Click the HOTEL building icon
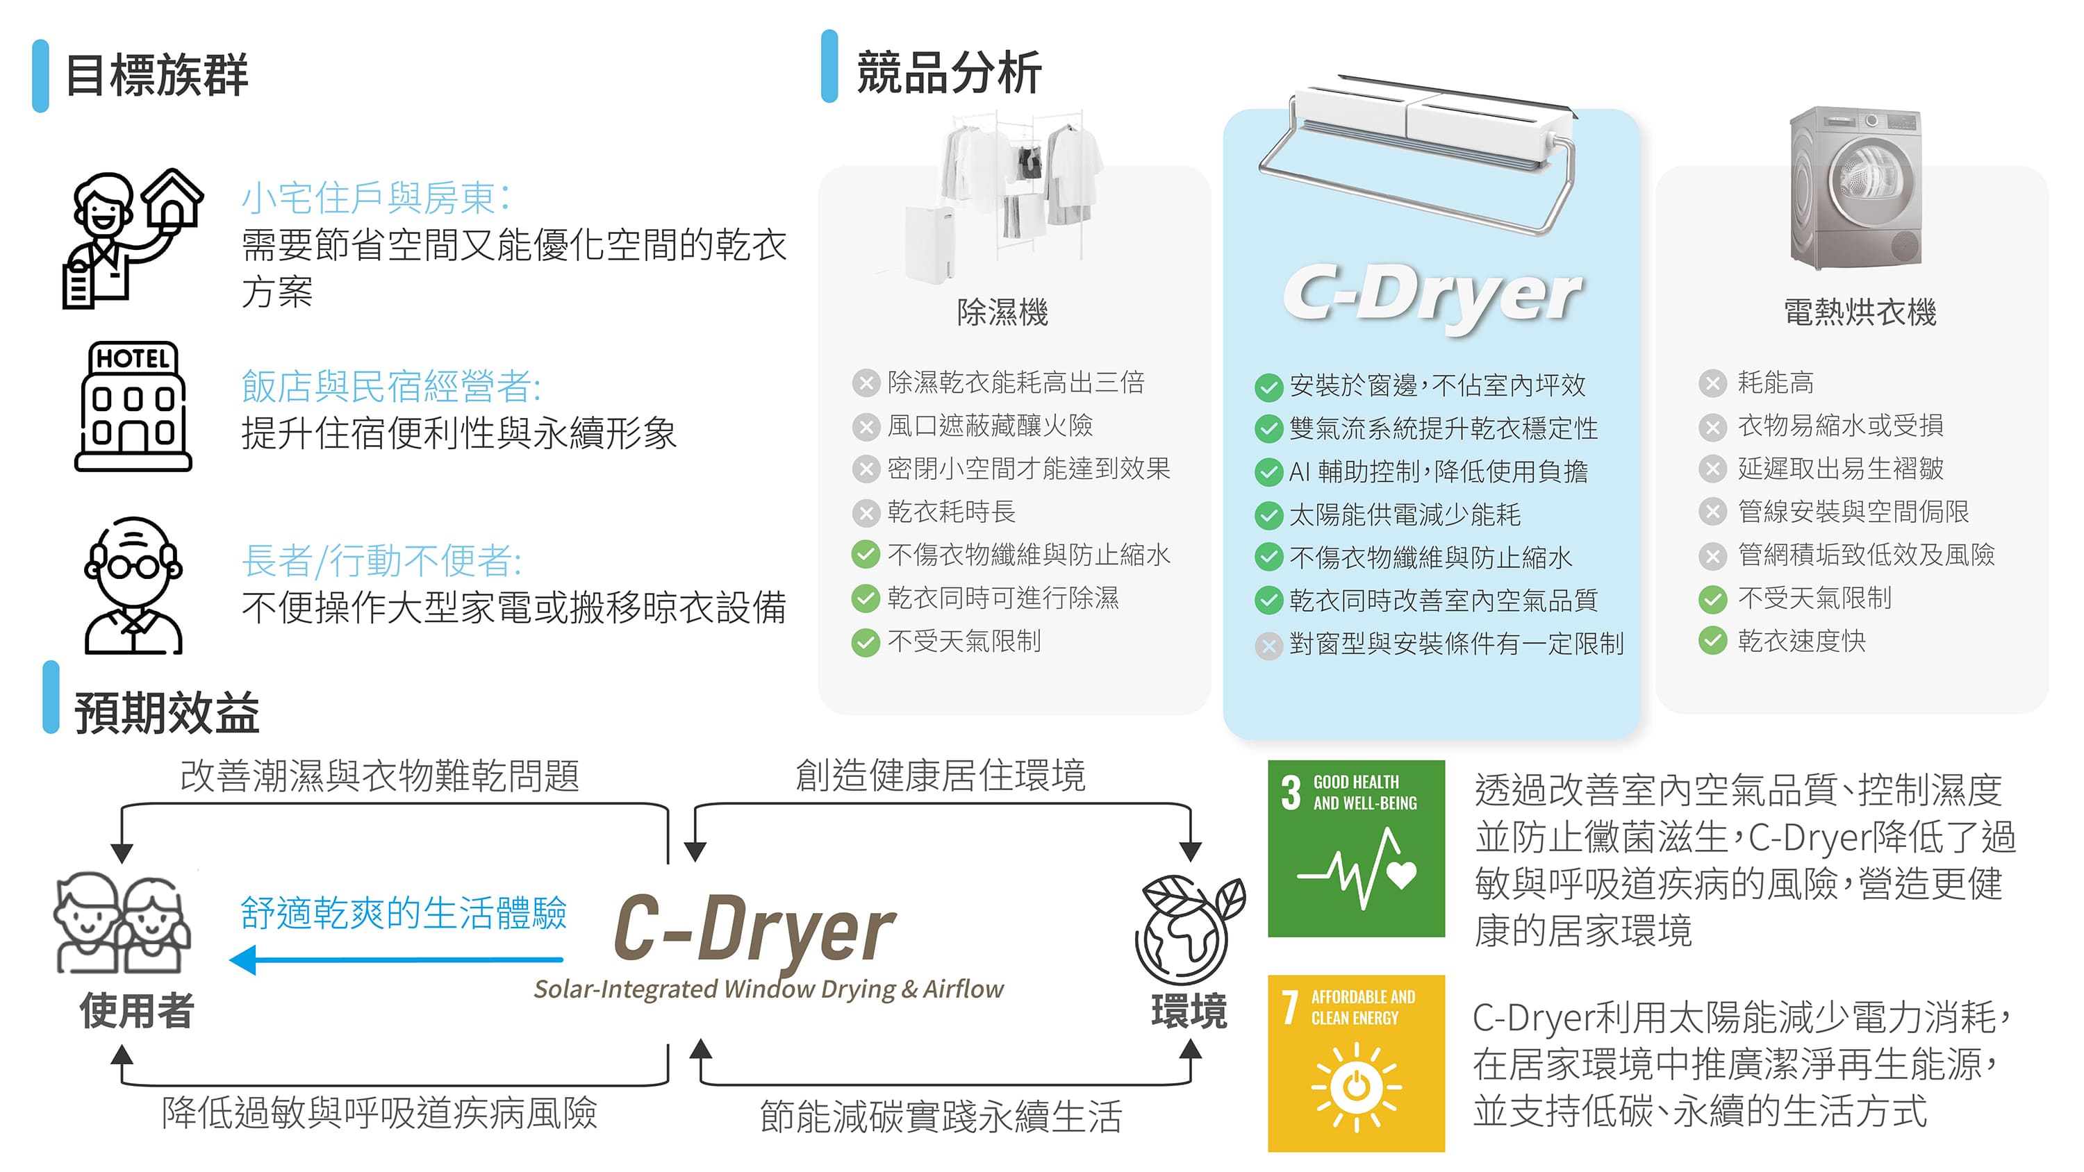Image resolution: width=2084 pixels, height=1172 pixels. click(133, 406)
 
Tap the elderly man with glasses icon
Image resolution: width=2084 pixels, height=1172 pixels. click(133, 585)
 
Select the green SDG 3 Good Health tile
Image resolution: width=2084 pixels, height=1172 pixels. click(1356, 848)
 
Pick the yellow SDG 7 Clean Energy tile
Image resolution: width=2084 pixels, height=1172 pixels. click(1356, 1063)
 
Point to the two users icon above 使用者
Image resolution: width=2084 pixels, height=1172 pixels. click(122, 922)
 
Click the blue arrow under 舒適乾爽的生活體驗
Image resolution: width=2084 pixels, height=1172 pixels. click(397, 960)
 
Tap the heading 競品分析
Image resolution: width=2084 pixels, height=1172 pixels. click(948, 72)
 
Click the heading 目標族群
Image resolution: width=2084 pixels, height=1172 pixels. click(156, 75)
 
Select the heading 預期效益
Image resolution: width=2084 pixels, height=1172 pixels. click(167, 712)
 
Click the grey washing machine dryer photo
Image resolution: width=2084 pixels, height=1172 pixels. click(1855, 188)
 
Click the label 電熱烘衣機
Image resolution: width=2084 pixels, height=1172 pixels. click(1860, 312)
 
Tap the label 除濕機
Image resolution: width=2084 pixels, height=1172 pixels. click(1002, 312)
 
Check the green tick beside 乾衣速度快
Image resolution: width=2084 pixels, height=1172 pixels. click(1712, 642)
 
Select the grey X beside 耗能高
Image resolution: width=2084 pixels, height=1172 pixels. click(1712, 383)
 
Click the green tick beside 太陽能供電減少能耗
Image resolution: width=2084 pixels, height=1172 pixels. click(1268, 515)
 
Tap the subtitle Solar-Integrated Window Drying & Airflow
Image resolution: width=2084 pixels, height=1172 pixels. click(768, 989)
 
